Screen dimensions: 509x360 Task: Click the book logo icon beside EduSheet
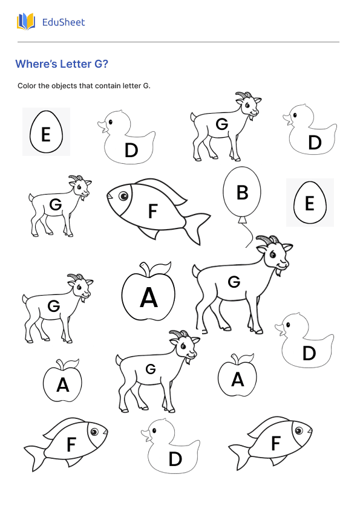[x=26, y=22]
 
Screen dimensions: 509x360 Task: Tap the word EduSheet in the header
[x=64, y=22]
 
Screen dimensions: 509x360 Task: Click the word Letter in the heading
[x=76, y=64]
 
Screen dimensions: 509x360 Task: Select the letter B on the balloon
[x=242, y=192]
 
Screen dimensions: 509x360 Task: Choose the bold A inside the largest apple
[x=148, y=297]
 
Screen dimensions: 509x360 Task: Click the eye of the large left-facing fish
[x=123, y=195]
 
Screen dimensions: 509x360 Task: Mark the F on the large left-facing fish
[x=152, y=212]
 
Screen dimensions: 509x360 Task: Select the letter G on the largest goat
[x=234, y=282]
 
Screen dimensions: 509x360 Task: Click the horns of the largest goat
[x=266, y=240]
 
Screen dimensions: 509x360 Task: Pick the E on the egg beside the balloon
[x=309, y=204]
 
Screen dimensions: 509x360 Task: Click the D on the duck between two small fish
[x=175, y=459]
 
